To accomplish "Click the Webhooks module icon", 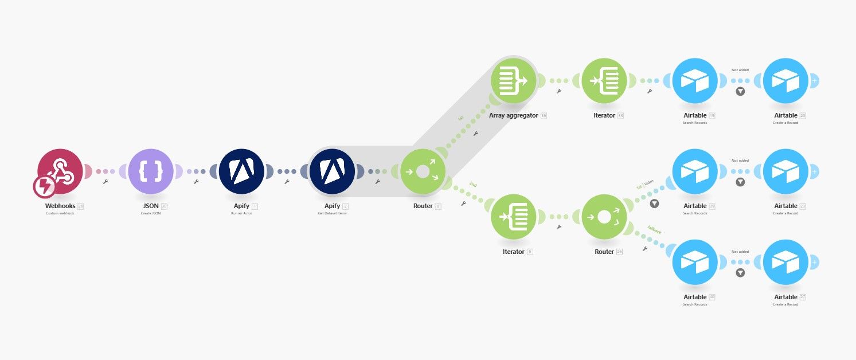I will point(61,171).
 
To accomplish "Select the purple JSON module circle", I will point(151,171).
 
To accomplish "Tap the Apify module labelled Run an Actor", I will point(241,171).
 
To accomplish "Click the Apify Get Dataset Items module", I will point(332,171).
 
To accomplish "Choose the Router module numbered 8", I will point(423,171).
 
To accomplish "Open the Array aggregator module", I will point(514,81).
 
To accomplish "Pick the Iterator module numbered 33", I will point(604,81).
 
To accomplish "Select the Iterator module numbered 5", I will point(514,217).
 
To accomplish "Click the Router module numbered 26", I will point(604,217).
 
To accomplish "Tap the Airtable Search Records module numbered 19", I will point(695,81).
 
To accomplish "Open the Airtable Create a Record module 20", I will point(785,81).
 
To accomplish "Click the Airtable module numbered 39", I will point(695,171).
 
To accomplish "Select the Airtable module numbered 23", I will point(785,171).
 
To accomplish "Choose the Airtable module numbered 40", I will point(695,263).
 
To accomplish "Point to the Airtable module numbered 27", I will point(785,263).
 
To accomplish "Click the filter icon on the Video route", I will point(654,204).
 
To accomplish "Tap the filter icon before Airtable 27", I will point(740,273).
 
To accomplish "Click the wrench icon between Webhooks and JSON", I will point(105,182).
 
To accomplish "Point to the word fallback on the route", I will point(654,230).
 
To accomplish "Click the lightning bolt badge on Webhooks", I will point(44,187).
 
